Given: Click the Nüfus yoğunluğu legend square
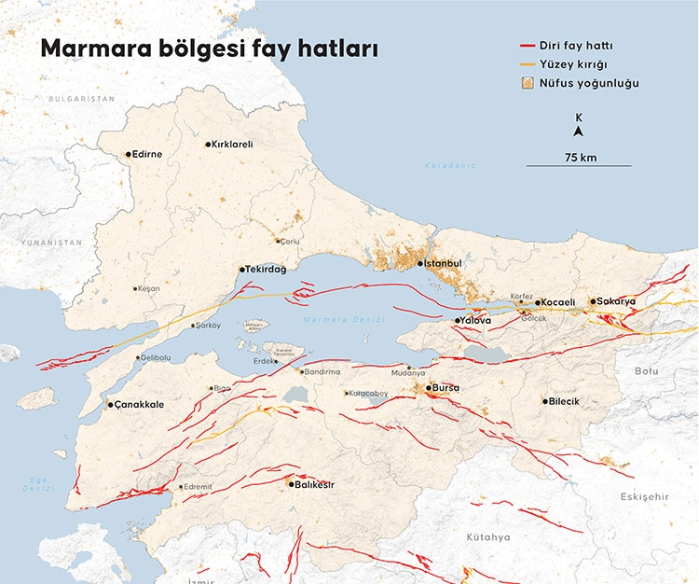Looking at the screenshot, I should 529,84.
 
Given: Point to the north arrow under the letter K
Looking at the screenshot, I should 579,132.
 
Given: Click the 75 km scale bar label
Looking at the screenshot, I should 580,157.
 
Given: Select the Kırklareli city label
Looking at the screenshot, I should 232,145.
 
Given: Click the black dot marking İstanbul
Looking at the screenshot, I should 420,264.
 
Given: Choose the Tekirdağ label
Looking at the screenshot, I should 267,269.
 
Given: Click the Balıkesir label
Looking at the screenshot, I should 315,484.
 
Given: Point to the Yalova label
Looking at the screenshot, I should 475,320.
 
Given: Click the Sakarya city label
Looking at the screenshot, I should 616,301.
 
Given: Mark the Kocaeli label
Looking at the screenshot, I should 559,302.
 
